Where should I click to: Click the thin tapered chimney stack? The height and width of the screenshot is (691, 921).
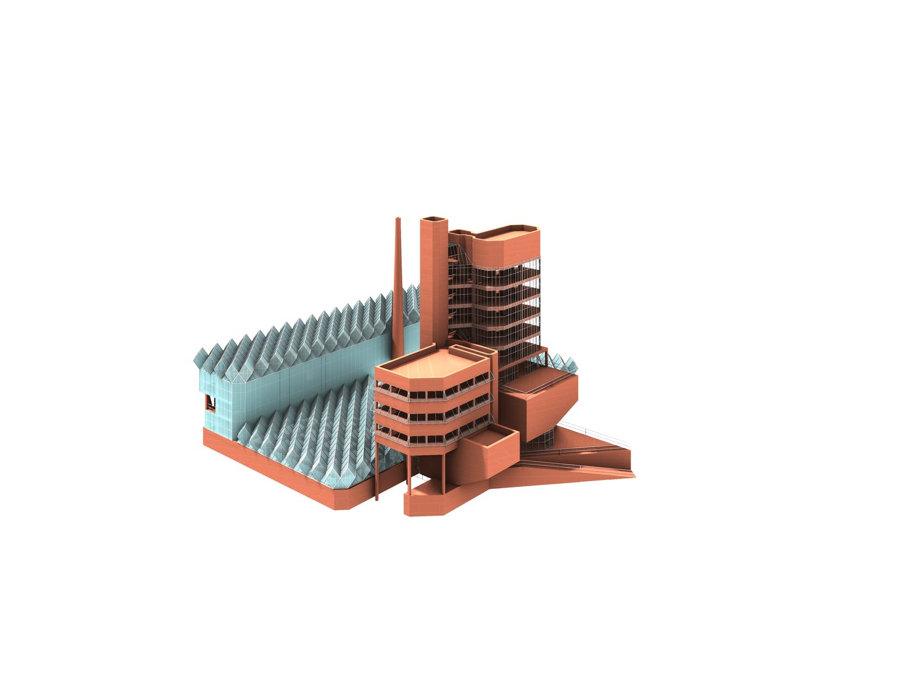(398, 282)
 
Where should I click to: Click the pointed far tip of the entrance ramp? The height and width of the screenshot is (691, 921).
(633, 474)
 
